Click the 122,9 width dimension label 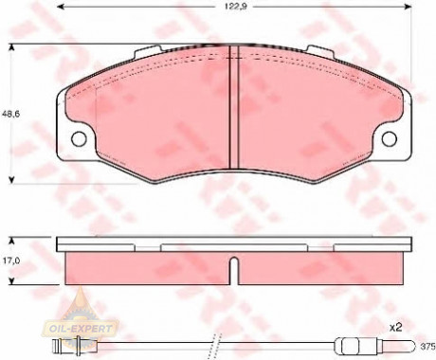pyautogui.click(x=236, y=7)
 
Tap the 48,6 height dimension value pyautogui.click(x=10, y=114)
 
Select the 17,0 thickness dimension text pyautogui.click(x=11, y=261)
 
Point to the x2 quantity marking pyautogui.click(x=395, y=328)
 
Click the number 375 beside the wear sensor pyautogui.click(x=428, y=347)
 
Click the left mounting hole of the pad pyautogui.click(x=79, y=138)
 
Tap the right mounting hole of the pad pyautogui.click(x=389, y=138)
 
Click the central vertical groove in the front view pyautogui.click(x=233, y=107)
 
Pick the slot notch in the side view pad pyautogui.click(x=233, y=271)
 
